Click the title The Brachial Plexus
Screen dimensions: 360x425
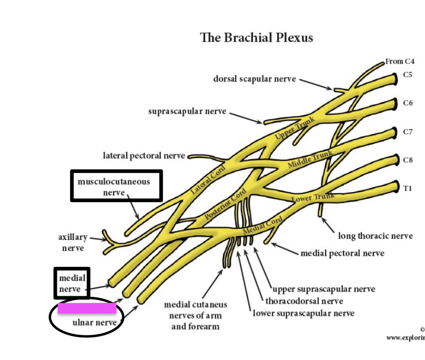click(x=256, y=38)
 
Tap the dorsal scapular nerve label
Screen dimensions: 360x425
click(x=254, y=79)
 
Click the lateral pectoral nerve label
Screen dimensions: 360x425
click(x=144, y=155)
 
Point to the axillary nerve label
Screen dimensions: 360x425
click(x=73, y=242)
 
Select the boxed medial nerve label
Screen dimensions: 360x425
click(x=72, y=283)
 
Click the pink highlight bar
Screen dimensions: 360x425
click(x=87, y=308)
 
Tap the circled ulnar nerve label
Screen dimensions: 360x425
click(x=94, y=322)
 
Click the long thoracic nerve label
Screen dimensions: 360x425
click(x=375, y=236)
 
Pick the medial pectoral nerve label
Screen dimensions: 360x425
click(x=342, y=253)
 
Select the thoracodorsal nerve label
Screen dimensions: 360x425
click(x=304, y=301)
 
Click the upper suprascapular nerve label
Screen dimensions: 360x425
click(x=323, y=289)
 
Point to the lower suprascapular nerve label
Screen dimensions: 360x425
click(x=303, y=313)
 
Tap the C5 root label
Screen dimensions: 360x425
click(x=407, y=75)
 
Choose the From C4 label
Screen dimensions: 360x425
click(x=400, y=62)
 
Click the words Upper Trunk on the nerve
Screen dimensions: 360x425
click(x=295, y=128)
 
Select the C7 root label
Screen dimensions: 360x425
click(x=407, y=132)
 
